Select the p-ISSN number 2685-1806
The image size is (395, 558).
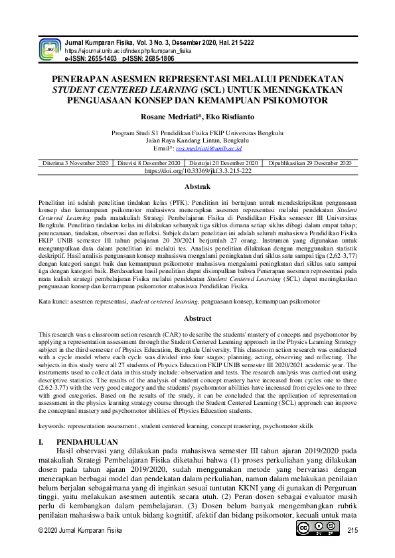157,58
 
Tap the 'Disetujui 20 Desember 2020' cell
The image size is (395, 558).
224,162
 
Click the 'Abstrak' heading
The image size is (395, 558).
197,188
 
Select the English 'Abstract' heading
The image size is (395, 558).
197,319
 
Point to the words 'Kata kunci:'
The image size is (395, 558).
55,302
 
